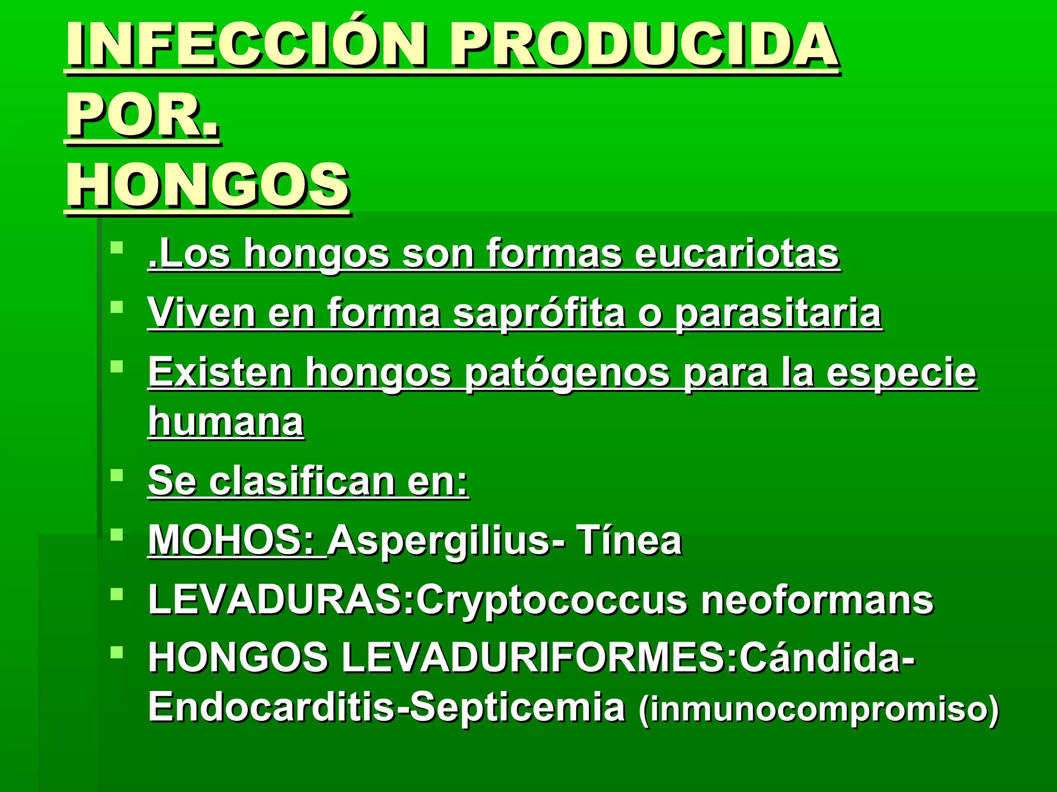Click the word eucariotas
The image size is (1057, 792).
[x=737, y=253]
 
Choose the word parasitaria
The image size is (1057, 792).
[x=778, y=313]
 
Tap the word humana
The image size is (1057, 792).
[x=226, y=422]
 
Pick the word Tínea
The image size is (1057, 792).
[x=630, y=540]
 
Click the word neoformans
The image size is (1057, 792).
[x=817, y=600]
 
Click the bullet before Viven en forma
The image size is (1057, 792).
[x=117, y=307]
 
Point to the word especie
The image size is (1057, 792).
[x=901, y=373]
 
